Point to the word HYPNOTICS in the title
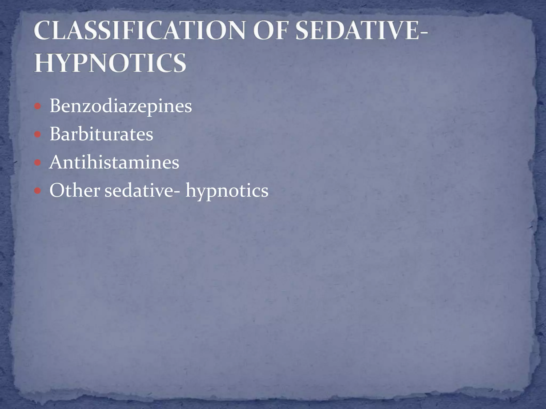click(x=110, y=63)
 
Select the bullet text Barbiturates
click(x=101, y=134)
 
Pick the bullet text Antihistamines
click(x=114, y=162)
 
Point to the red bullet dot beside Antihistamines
click(x=38, y=162)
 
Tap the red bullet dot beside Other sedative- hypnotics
click(x=38, y=191)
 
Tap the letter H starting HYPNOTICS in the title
click(x=43, y=63)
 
